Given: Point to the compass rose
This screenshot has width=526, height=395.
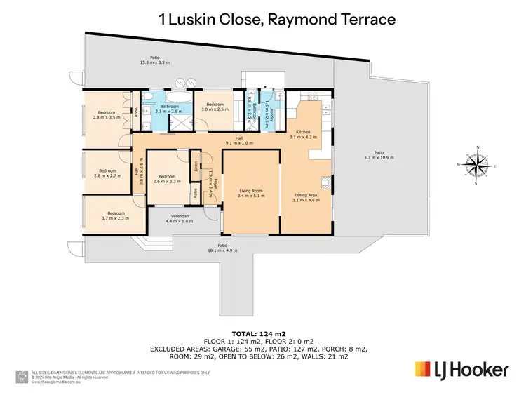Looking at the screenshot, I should click(x=476, y=166).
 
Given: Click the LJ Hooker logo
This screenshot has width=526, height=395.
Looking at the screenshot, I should click(x=461, y=369).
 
